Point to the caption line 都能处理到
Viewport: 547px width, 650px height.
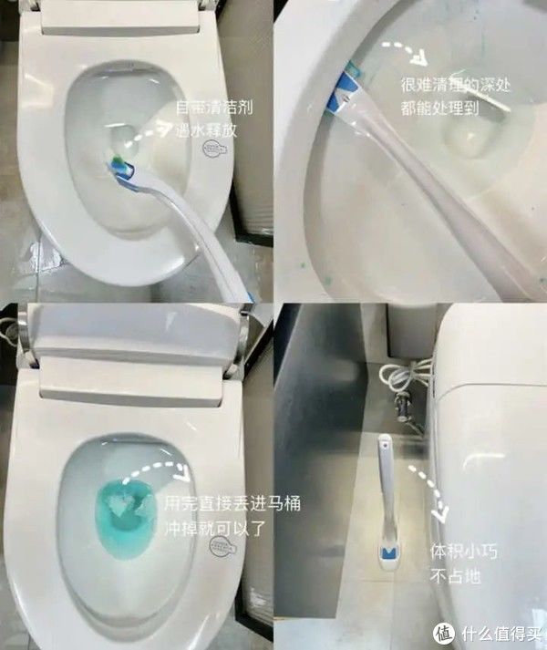coord(439,107)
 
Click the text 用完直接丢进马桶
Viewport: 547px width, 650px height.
coord(232,503)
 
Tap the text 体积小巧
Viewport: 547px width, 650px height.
coord(459,552)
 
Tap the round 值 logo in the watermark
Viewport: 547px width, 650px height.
coord(444,632)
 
